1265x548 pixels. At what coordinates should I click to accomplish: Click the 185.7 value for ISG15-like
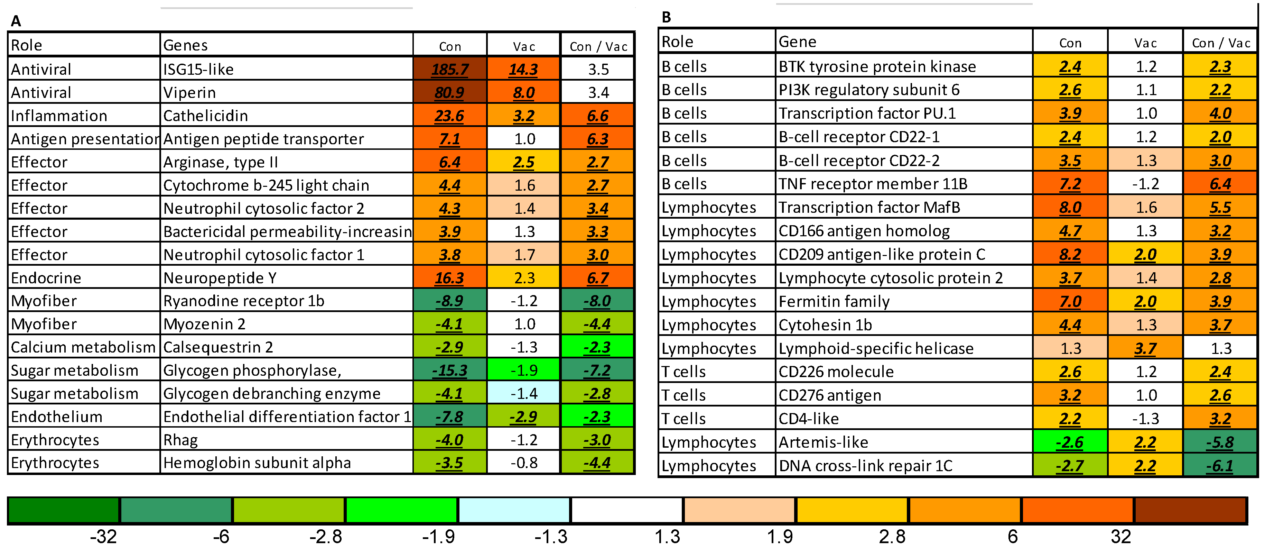(x=450, y=69)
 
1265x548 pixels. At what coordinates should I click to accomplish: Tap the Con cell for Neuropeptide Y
(x=450, y=278)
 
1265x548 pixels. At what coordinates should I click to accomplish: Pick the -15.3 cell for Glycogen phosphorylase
(x=450, y=371)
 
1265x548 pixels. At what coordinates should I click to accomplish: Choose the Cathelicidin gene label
(x=205, y=116)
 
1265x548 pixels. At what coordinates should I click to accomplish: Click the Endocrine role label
(x=46, y=278)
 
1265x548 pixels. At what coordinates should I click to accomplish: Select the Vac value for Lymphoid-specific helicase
(x=1145, y=348)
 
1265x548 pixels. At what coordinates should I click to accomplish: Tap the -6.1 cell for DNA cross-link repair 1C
(x=1220, y=465)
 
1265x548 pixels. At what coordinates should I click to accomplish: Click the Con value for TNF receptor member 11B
(x=1071, y=184)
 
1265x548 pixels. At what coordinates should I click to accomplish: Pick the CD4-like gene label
(x=809, y=419)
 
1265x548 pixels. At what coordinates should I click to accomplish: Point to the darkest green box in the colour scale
(x=64, y=510)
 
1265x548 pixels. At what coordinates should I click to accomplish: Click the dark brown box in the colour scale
(x=1190, y=510)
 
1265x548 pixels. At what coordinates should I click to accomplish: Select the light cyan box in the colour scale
(x=514, y=510)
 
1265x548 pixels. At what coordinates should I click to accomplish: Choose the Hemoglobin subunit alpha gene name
(x=257, y=463)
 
